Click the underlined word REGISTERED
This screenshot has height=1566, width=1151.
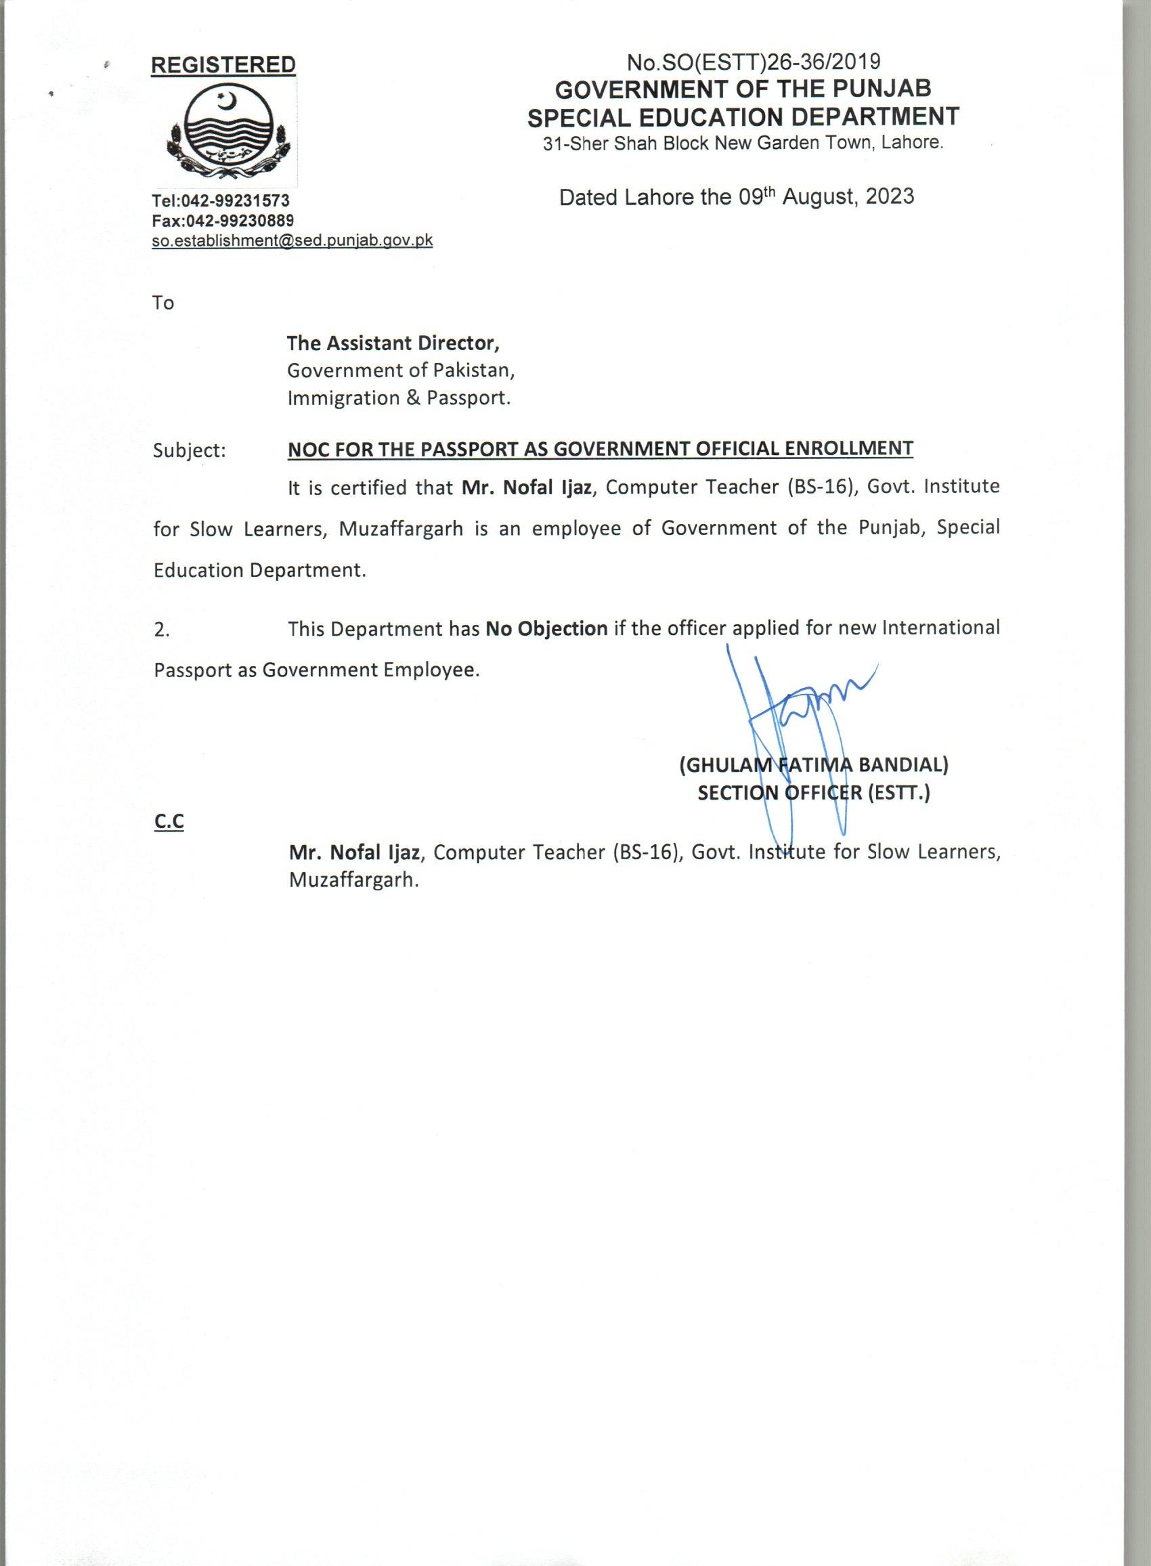click(223, 65)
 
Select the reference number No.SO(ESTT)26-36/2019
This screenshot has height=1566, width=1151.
click(753, 63)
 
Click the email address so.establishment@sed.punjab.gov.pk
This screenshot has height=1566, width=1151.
click(292, 240)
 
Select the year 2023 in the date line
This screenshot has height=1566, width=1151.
click(890, 197)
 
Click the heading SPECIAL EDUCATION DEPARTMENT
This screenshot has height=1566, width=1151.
click(743, 117)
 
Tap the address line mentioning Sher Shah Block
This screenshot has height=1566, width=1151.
click(743, 144)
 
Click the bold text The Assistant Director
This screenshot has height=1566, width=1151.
click(393, 343)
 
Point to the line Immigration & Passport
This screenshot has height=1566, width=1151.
click(399, 399)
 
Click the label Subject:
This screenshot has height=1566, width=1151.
click(190, 451)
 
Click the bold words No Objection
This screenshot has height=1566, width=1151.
click(547, 628)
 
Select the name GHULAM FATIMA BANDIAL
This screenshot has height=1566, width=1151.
click(813, 766)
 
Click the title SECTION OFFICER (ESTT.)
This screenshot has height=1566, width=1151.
click(813, 793)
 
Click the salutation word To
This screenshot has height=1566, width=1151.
click(163, 303)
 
